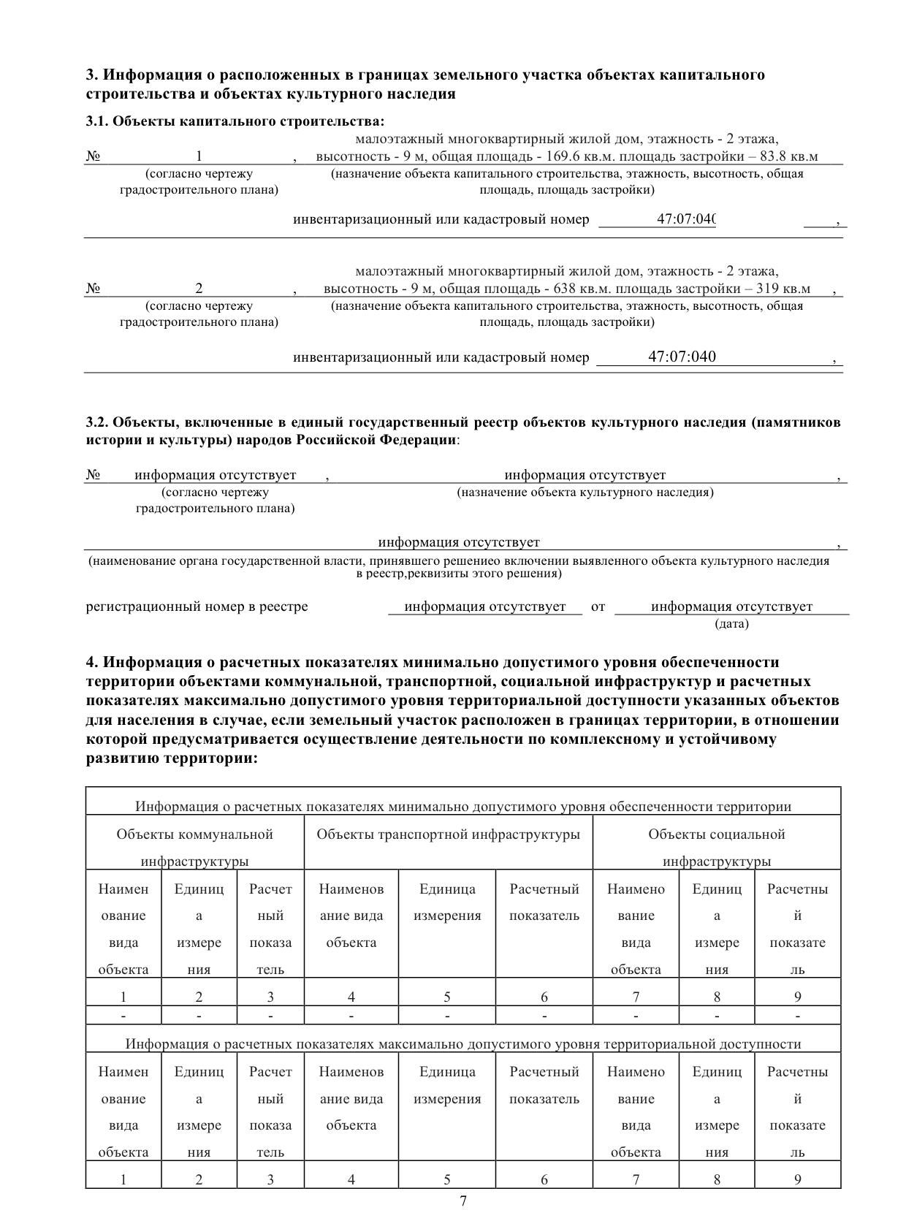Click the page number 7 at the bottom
tap(463, 1201)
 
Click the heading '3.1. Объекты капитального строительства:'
tap(235, 121)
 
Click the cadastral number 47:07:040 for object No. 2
tap(682, 357)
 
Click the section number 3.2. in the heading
tap(97, 422)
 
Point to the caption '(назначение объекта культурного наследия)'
tap(585, 492)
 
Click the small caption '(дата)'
tap(731, 624)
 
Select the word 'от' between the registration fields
tap(598, 607)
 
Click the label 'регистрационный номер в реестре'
tap(197, 607)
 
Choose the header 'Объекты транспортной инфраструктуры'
tap(448, 834)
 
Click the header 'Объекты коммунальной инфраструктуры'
tap(194, 848)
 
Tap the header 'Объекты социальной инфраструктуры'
tap(716, 848)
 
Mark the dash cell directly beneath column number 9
tap(797, 1016)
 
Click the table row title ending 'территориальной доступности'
tap(462, 1044)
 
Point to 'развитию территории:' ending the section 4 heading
tap(172, 758)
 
